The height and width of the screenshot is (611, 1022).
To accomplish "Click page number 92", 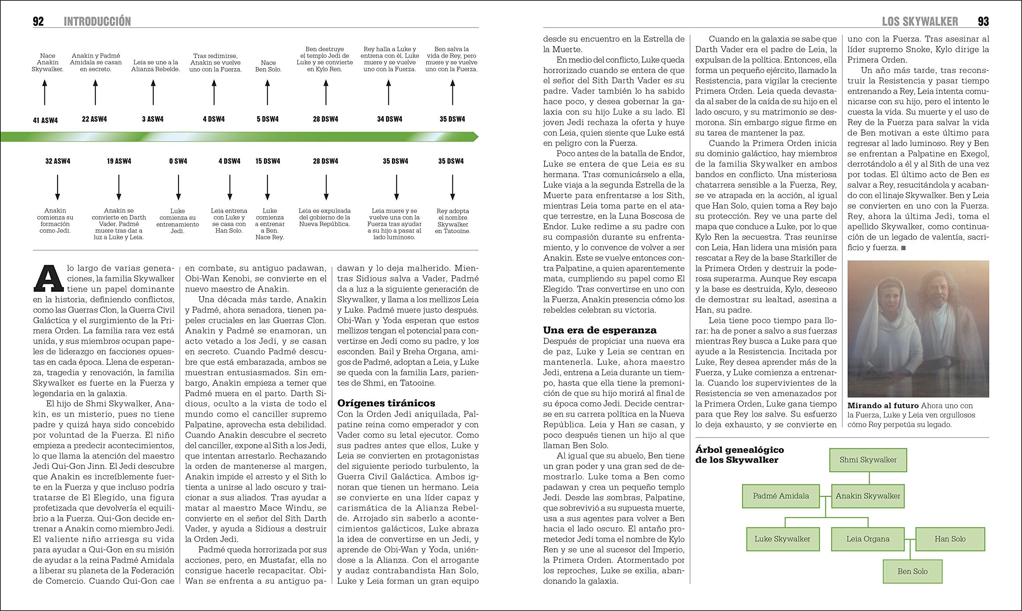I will (38, 22).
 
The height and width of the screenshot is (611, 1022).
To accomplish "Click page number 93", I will (983, 22).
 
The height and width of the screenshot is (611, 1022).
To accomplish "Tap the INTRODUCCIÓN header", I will (97, 22).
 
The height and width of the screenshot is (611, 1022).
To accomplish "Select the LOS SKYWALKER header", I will (920, 22).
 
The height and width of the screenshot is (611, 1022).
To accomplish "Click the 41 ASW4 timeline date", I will (45, 120).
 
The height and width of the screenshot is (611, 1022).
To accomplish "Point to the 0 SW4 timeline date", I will (178, 161).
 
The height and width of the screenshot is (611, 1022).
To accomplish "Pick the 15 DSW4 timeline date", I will (267, 161).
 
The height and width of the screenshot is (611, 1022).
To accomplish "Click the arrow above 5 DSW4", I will (267, 92).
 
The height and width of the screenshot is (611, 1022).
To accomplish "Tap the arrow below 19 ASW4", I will (119, 187).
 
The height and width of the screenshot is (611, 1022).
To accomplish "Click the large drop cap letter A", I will (49, 277).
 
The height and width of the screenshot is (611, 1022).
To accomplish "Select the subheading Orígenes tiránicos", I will (386, 403).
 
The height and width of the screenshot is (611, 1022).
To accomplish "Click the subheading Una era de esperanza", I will (600, 330).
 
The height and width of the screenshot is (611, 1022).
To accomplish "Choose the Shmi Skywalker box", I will (868, 460).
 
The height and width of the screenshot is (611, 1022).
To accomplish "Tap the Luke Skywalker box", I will (782, 539).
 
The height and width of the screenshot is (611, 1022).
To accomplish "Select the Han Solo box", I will (950, 539).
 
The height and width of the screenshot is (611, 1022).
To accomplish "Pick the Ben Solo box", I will (913, 571).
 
